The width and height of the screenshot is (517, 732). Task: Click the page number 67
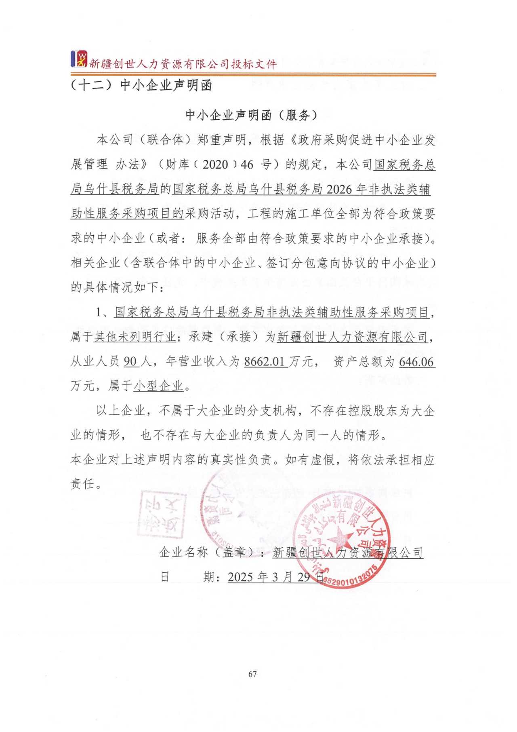pos(252,674)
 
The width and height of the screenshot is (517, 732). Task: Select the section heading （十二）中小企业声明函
pos(141,86)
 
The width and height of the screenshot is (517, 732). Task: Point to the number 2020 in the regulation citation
pos(215,165)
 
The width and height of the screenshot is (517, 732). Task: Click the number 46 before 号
pos(247,165)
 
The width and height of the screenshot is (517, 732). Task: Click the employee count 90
pos(130,361)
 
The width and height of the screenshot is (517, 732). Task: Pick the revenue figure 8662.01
pos(265,361)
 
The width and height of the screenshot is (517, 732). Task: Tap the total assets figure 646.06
pos(416,361)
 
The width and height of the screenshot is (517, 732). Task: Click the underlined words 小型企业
pos(158,386)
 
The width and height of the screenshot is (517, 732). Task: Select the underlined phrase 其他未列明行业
pos(135,337)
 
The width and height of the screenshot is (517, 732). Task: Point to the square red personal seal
pos(161,514)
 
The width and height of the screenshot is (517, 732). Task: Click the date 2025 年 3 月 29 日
pos(276,577)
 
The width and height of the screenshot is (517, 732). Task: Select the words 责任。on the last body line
pos(86,484)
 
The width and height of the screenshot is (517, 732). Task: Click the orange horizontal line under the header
pos(253,74)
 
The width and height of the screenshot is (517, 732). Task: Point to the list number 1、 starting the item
pos(103,312)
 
